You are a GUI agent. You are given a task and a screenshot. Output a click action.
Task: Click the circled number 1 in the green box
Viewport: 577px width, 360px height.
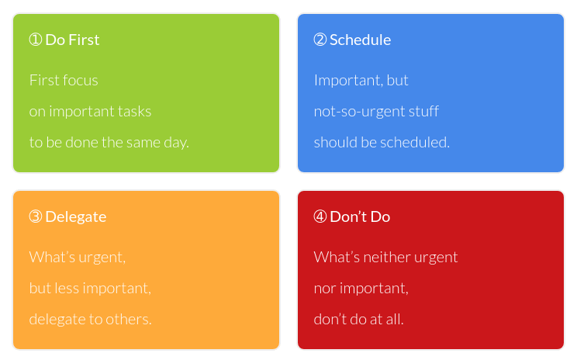tap(36, 40)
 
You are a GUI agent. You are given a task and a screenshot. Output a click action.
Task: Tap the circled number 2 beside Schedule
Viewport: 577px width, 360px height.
tap(320, 40)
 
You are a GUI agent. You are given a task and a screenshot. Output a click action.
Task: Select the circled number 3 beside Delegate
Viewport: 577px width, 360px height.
tap(36, 216)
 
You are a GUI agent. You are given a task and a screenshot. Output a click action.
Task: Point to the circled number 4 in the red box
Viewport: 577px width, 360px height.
tap(320, 216)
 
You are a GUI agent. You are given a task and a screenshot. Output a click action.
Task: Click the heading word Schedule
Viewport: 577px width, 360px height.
tap(361, 40)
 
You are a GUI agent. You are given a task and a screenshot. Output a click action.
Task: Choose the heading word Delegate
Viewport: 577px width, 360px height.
tap(76, 217)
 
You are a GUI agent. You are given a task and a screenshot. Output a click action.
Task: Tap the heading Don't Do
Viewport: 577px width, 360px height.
tap(360, 216)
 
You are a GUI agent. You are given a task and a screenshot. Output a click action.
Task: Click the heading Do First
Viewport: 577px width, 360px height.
tap(72, 40)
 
